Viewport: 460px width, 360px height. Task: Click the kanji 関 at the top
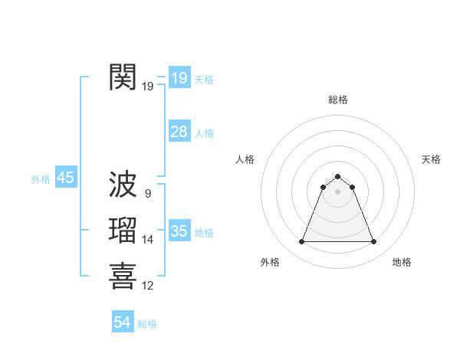[x=123, y=77]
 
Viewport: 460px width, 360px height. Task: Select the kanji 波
[x=123, y=185]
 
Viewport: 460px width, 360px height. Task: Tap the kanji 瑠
[x=123, y=231]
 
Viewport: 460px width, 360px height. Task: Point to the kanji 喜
[x=123, y=277]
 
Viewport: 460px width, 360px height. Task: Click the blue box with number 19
[x=179, y=78]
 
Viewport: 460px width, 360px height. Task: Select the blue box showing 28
[x=179, y=132]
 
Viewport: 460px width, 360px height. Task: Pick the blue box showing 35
[x=179, y=231]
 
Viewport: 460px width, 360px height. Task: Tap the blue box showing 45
[x=65, y=178]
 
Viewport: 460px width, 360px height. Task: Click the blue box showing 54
[x=123, y=323]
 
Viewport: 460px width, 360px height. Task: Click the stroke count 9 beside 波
[x=147, y=194]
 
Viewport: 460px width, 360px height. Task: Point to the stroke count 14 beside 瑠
[x=148, y=240]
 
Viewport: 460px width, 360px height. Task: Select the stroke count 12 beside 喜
[x=148, y=286]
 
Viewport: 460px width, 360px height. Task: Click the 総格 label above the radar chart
[x=337, y=100]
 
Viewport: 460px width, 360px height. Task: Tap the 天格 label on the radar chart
[x=431, y=159]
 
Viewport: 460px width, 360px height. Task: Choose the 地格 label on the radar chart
[x=402, y=263]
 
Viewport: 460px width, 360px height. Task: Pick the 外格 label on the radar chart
[x=270, y=263]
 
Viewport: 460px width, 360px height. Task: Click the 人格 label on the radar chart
[x=245, y=159]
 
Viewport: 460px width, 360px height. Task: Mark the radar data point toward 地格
[x=373, y=242]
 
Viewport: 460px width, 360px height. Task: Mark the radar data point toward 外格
[x=301, y=242]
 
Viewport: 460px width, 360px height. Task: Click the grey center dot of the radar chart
[x=337, y=191]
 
